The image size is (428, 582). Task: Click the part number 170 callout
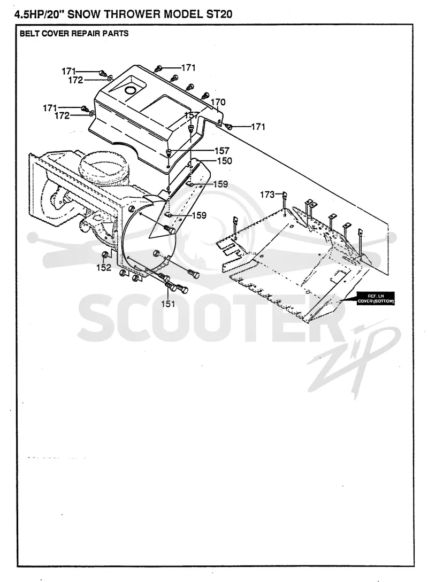[x=218, y=102]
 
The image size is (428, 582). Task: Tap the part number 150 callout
[x=224, y=161]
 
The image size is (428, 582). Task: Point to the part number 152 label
[x=104, y=268]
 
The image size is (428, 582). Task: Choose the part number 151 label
[x=168, y=304]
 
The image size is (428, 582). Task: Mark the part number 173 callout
[x=267, y=195]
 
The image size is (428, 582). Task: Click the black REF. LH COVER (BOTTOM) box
[x=375, y=298]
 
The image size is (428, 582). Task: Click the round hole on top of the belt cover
[x=131, y=90]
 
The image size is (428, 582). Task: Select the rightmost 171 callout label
[x=258, y=127]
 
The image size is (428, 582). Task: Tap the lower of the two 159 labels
[x=199, y=215]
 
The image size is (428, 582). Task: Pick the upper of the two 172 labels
[x=76, y=80]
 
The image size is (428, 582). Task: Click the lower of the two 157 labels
[x=222, y=151]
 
